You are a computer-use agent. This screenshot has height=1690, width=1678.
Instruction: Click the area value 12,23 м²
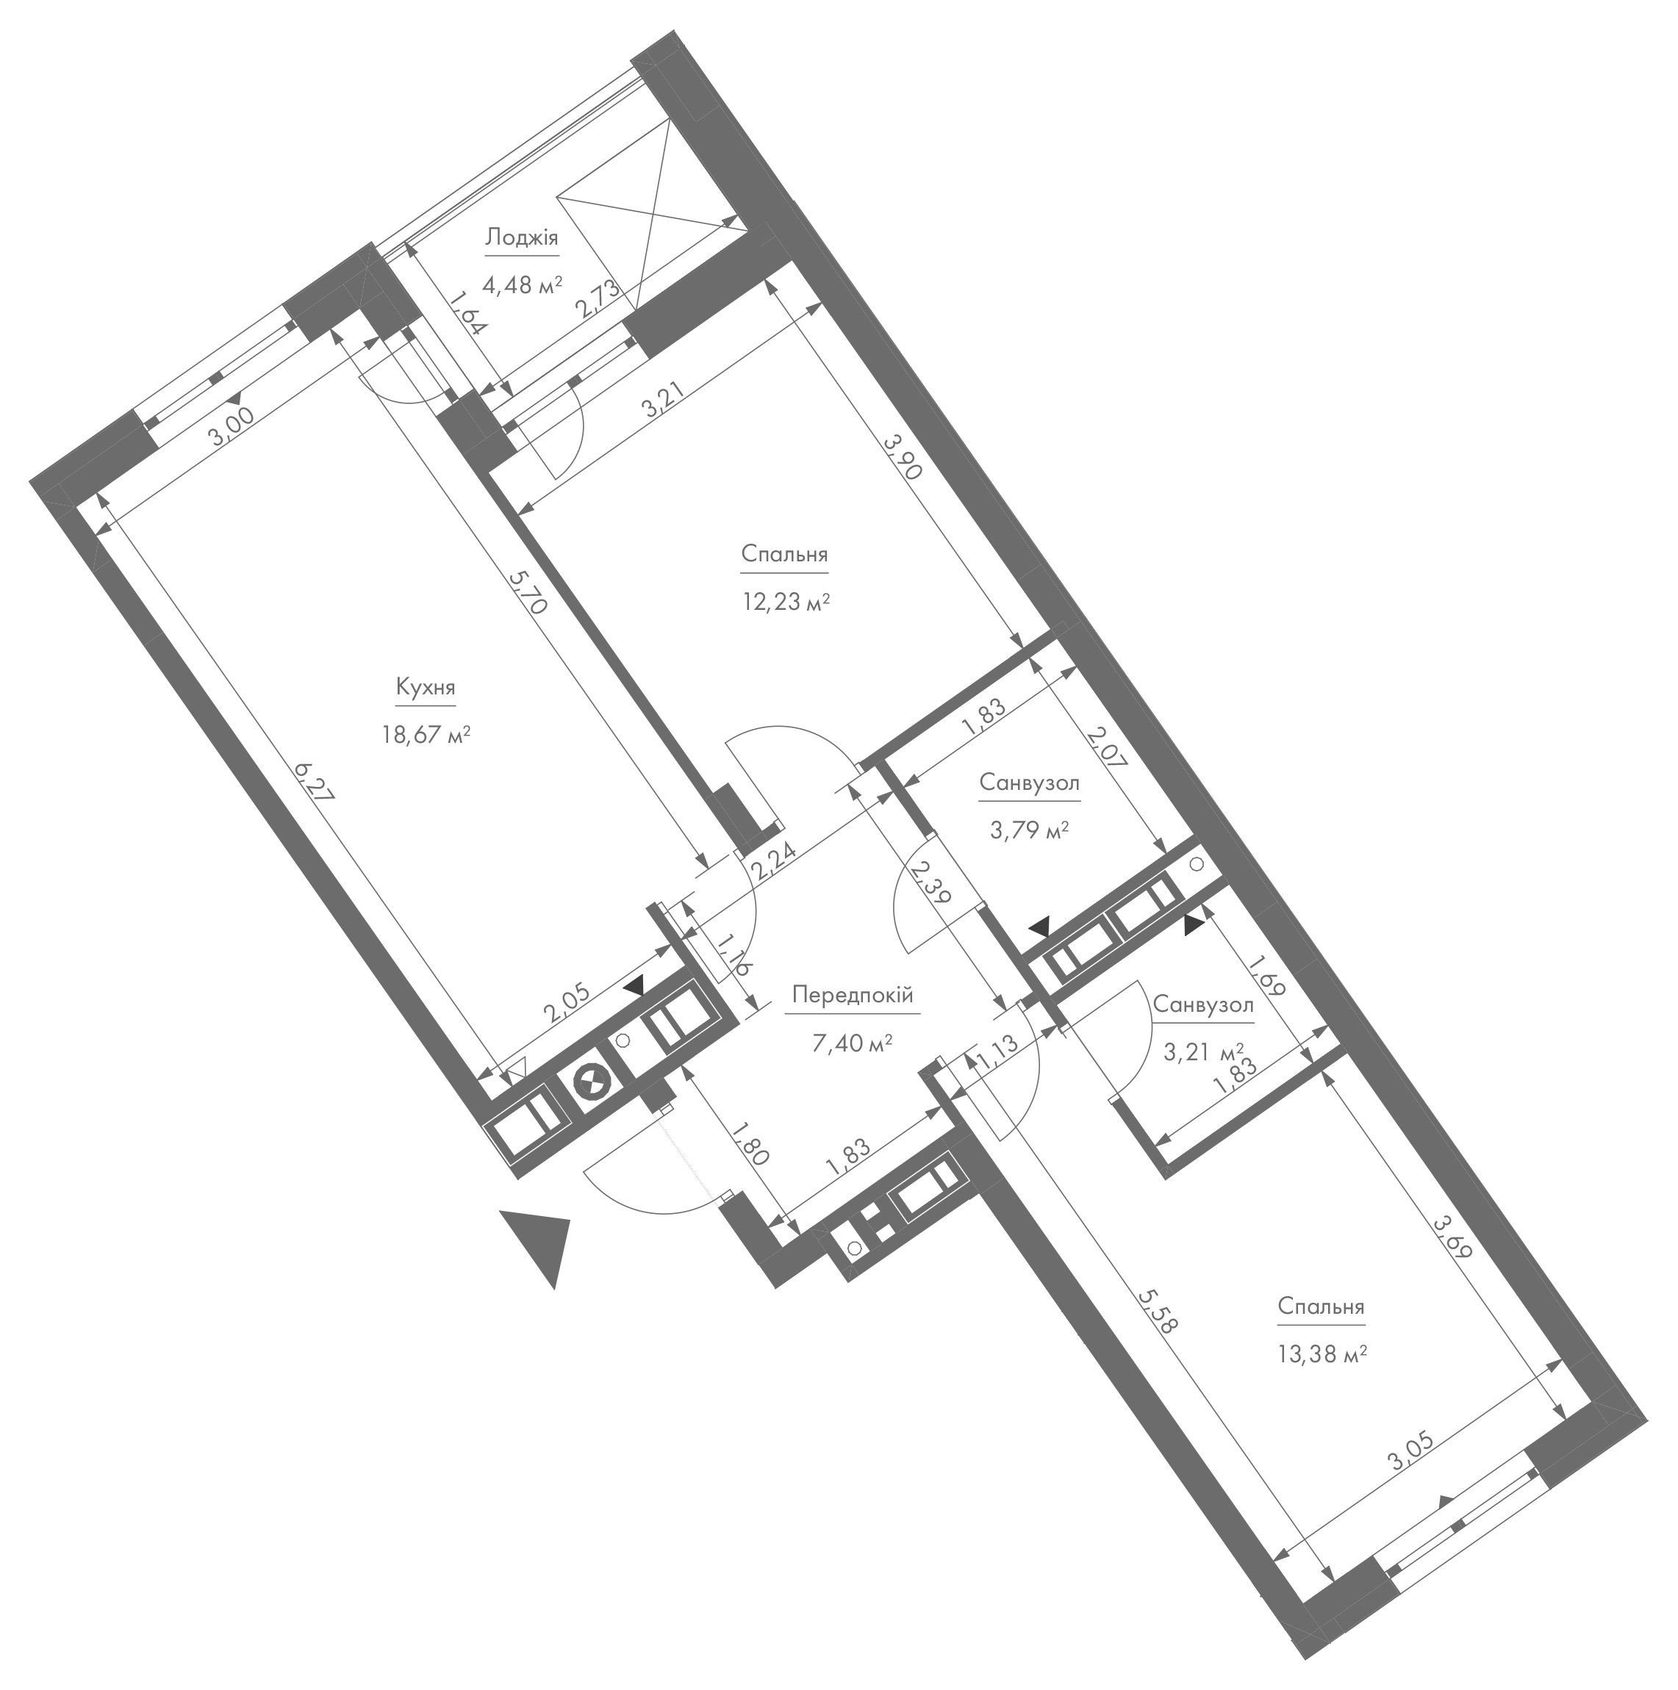coord(785,603)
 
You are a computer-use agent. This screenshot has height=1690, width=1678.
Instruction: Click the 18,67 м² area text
coord(426,736)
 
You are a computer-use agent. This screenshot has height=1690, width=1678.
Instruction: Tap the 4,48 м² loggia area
coord(523,285)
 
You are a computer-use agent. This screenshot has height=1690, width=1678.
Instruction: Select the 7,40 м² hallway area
coord(852,1043)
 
